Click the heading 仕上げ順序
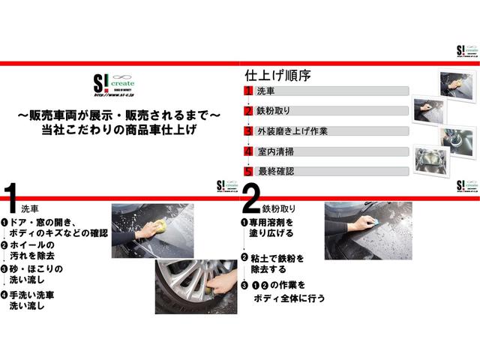click(x=278, y=76)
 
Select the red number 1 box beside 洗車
click(x=248, y=91)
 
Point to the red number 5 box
click(x=248, y=170)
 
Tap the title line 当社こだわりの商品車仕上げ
click(x=120, y=130)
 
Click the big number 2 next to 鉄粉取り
click(x=251, y=200)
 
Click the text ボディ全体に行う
click(x=288, y=298)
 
